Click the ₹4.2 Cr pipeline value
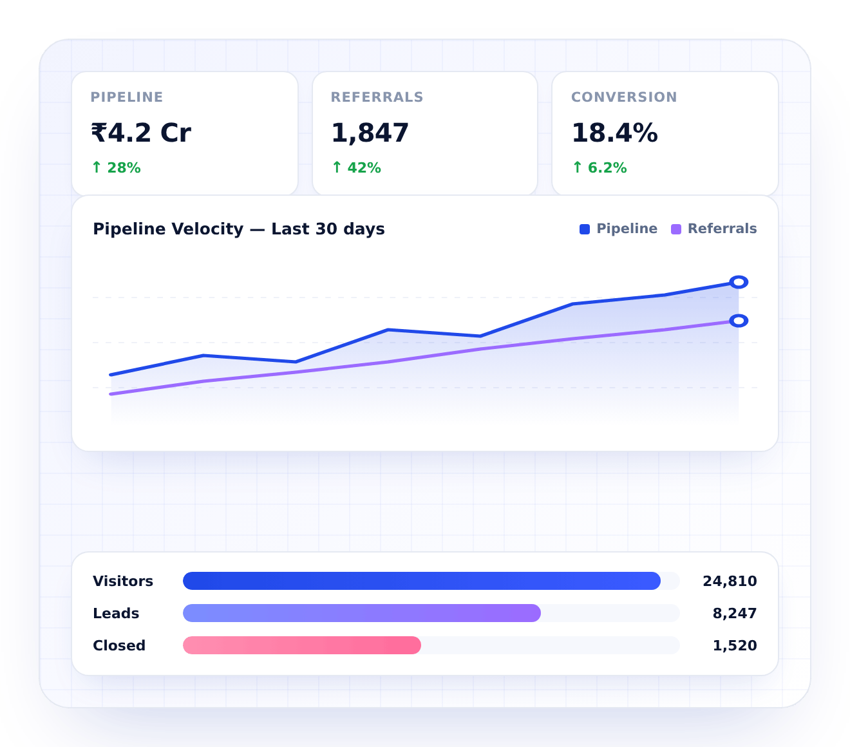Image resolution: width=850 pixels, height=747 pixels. (141, 133)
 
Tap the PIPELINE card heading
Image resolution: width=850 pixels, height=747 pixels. (127, 97)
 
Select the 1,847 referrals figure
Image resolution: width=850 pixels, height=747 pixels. (370, 133)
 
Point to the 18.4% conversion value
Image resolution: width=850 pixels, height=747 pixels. (614, 133)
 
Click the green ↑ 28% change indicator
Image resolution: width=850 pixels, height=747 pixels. (116, 168)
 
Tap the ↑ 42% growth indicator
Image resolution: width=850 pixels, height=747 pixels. (356, 168)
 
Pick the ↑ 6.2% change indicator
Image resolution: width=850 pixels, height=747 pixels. (600, 168)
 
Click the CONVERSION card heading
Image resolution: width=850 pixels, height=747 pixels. (624, 97)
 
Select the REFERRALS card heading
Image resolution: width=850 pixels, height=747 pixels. (377, 97)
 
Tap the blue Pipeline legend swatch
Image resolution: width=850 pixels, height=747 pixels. (585, 229)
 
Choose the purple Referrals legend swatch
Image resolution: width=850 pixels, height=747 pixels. (676, 229)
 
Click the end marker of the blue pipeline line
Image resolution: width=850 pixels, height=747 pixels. (739, 282)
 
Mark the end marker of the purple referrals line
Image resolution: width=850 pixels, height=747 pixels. (739, 321)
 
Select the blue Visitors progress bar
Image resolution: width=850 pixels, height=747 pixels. (422, 581)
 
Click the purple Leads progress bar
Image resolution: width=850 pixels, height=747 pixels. (362, 613)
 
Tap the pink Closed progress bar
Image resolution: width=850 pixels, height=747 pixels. (302, 645)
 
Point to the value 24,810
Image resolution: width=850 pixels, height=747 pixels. (730, 582)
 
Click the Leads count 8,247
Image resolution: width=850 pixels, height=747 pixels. (734, 614)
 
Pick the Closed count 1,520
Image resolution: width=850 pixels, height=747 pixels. (734, 646)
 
